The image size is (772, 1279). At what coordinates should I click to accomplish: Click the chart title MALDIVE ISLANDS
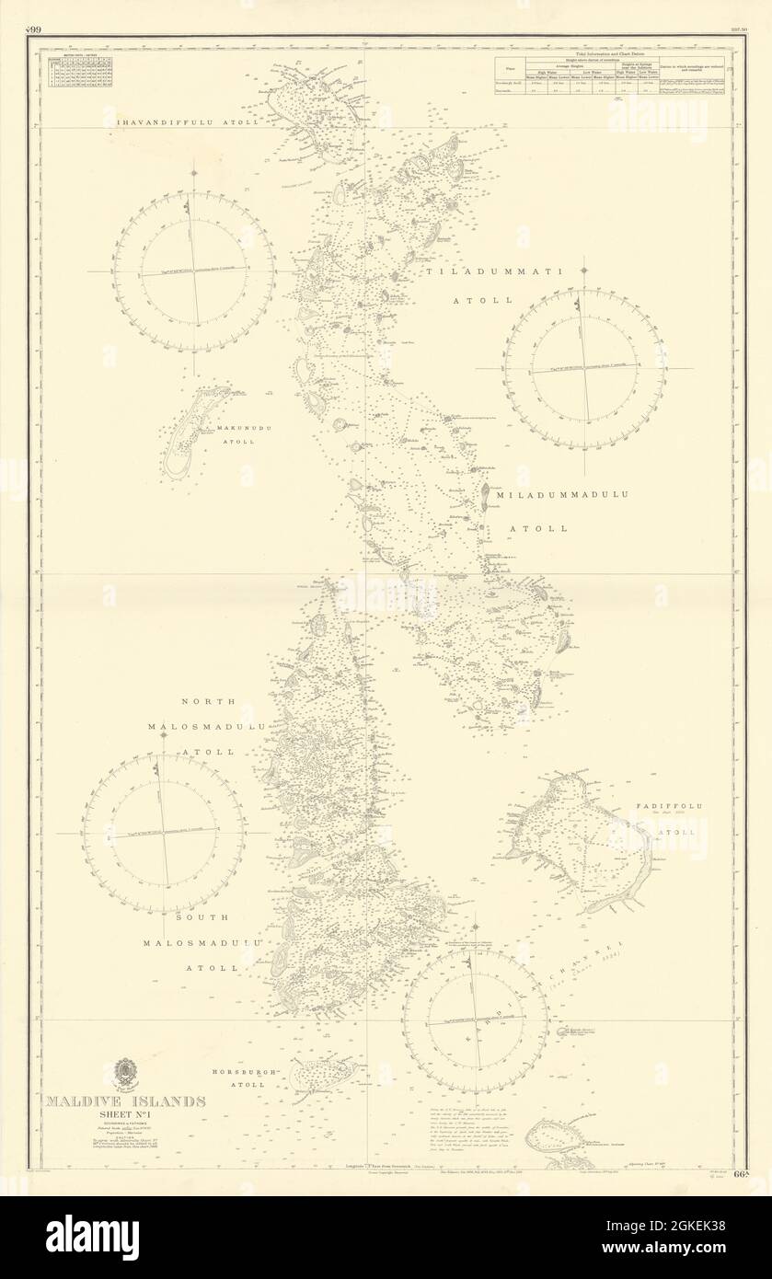pyautogui.click(x=127, y=1100)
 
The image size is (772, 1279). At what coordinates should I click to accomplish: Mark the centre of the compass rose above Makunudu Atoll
pyautogui.click(x=193, y=272)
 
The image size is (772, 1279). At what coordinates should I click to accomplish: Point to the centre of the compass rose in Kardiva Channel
pyautogui.click(x=475, y=1021)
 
